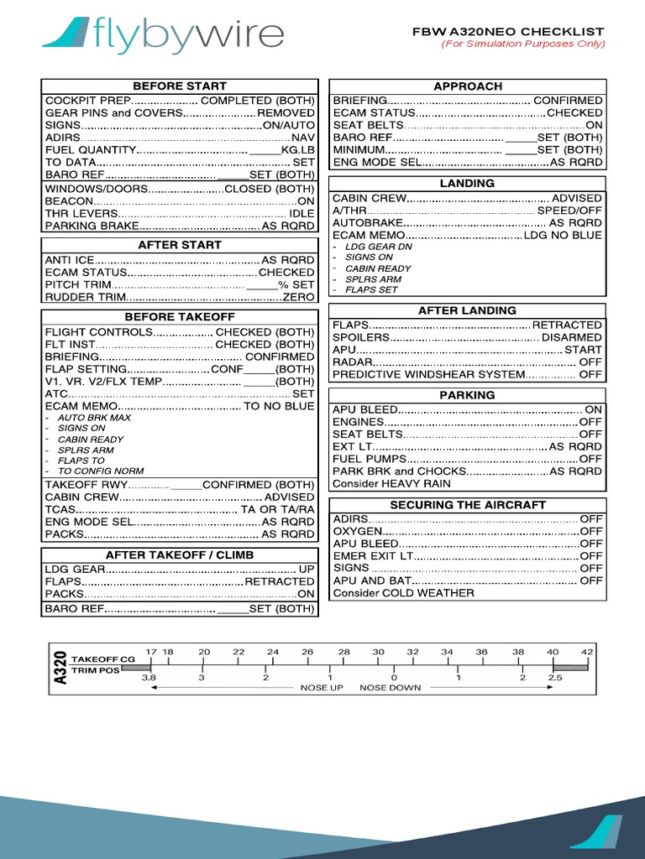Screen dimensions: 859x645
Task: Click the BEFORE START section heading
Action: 180,86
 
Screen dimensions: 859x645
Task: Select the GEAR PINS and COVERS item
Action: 113,112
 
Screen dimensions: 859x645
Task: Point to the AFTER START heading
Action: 180,245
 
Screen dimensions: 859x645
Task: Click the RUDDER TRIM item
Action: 85,297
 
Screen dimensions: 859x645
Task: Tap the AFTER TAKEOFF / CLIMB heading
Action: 180,555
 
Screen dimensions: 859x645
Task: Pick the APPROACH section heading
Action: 468,86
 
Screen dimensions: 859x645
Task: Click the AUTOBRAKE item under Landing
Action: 367,223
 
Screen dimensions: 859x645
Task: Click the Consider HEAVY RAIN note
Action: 391,483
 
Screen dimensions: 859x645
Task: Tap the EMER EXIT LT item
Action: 373,555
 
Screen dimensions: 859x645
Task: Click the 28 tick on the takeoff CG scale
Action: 344,651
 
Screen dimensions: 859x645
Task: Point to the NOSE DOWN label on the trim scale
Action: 389,687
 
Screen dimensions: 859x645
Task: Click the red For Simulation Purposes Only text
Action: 523,44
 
